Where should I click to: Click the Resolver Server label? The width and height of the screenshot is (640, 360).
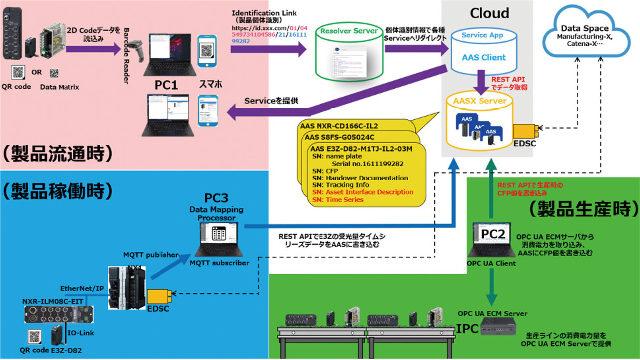point(349,31)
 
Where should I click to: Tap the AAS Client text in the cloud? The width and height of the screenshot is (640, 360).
point(483,57)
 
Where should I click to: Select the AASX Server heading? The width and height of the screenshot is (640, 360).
point(480,101)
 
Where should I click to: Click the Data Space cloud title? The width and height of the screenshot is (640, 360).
point(585,28)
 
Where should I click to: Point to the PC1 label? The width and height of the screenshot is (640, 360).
point(166,85)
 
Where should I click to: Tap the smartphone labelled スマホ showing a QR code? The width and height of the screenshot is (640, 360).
point(206,51)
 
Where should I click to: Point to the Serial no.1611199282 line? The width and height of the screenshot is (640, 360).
point(367,163)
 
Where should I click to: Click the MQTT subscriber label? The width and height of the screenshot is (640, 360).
point(219,263)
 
